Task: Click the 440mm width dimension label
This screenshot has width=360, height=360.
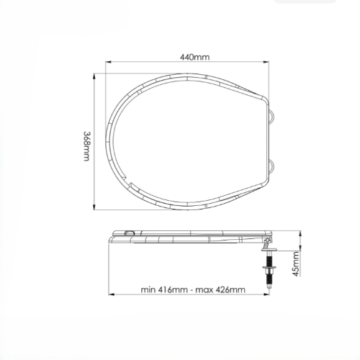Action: coord(194,57)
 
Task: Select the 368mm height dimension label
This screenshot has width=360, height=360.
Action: coord(86,146)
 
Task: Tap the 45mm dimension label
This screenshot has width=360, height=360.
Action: coord(297,264)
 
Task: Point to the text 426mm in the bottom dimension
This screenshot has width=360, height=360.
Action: coord(230,289)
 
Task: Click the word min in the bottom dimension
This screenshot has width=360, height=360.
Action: coord(148,289)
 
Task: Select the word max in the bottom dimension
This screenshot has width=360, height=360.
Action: coord(204,290)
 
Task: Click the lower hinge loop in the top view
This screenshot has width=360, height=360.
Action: coord(272,166)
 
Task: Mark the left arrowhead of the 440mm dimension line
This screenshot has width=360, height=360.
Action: coord(108,62)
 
